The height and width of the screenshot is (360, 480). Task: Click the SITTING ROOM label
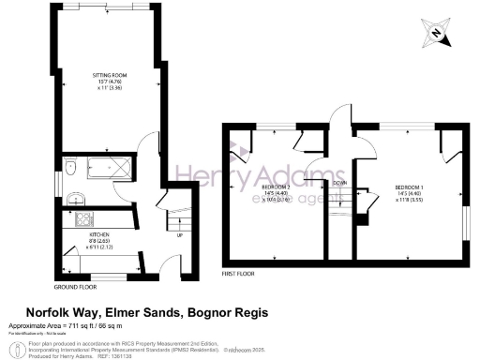(109, 72)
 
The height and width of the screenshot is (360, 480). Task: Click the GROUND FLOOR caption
(77, 286)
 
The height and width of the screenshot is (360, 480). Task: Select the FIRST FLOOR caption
(240, 275)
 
